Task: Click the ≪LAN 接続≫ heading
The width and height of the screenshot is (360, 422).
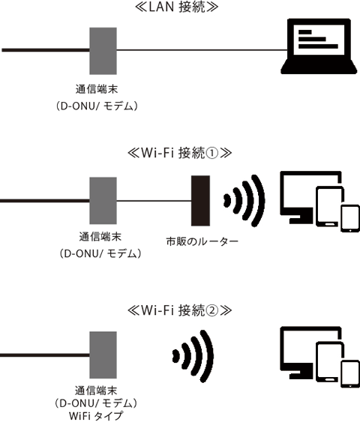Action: coord(176,7)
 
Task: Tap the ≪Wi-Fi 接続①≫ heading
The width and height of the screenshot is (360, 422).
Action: coord(179,153)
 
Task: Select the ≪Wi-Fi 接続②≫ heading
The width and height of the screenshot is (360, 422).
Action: coord(179,310)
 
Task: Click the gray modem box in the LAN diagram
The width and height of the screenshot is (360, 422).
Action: coord(103,51)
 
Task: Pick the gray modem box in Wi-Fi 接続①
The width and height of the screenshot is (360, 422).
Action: coord(103,201)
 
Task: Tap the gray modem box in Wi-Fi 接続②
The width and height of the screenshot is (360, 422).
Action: coord(103,355)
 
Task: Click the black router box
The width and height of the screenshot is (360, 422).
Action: coord(200,201)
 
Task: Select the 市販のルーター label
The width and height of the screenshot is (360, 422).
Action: coord(202,241)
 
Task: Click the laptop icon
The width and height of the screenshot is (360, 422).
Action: coord(319,46)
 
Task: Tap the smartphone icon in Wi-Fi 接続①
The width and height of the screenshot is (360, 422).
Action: coord(350,219)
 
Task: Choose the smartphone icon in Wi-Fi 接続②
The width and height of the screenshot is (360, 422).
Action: coord(350,374)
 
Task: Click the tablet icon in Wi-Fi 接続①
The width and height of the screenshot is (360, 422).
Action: coord(329,206)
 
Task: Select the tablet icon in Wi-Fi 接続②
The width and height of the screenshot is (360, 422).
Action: coord(329,362)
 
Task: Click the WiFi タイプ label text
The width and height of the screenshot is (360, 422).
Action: coord(96,416)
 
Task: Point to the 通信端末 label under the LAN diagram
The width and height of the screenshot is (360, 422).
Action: coord(97,89)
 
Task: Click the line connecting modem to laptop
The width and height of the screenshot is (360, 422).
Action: coord(202,49)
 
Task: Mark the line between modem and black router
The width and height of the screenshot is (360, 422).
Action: coord(154,201)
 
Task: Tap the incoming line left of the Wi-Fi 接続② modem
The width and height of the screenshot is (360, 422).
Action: coord(45,355)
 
